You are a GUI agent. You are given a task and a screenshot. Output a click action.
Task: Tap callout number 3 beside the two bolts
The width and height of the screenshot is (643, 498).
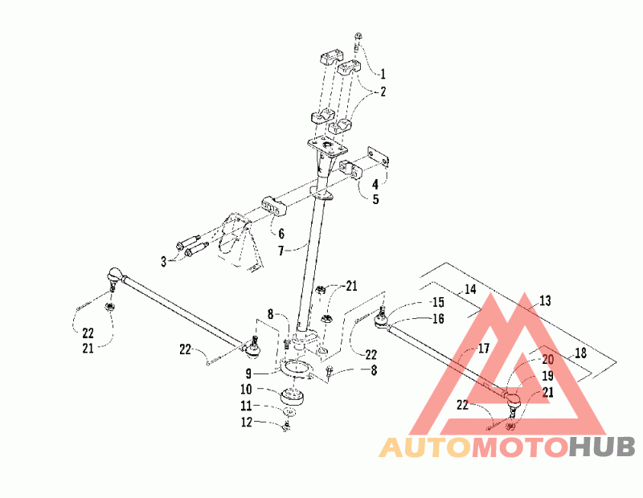tap(163, 261)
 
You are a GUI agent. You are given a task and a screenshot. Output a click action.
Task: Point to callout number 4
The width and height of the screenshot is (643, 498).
tap(375, 185)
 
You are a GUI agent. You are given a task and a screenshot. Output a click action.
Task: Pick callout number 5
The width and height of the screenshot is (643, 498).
tap(375, 199)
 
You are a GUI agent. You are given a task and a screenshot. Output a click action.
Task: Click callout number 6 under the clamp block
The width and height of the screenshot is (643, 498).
tap(281, 233)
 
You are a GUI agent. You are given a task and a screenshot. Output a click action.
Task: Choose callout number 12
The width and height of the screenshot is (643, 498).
tap(250, 422)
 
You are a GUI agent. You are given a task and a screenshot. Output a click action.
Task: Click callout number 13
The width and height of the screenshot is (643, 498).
tap(545, 301)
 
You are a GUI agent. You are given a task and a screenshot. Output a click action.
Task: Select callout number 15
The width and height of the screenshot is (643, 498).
tap(437, 303)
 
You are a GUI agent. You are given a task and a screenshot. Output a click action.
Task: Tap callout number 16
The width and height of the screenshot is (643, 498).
tap(437, 319)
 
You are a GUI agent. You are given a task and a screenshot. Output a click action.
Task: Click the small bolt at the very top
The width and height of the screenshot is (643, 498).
tap(358, 35)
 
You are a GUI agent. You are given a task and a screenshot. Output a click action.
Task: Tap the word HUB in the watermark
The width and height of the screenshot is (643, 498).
tap(602, 447)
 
